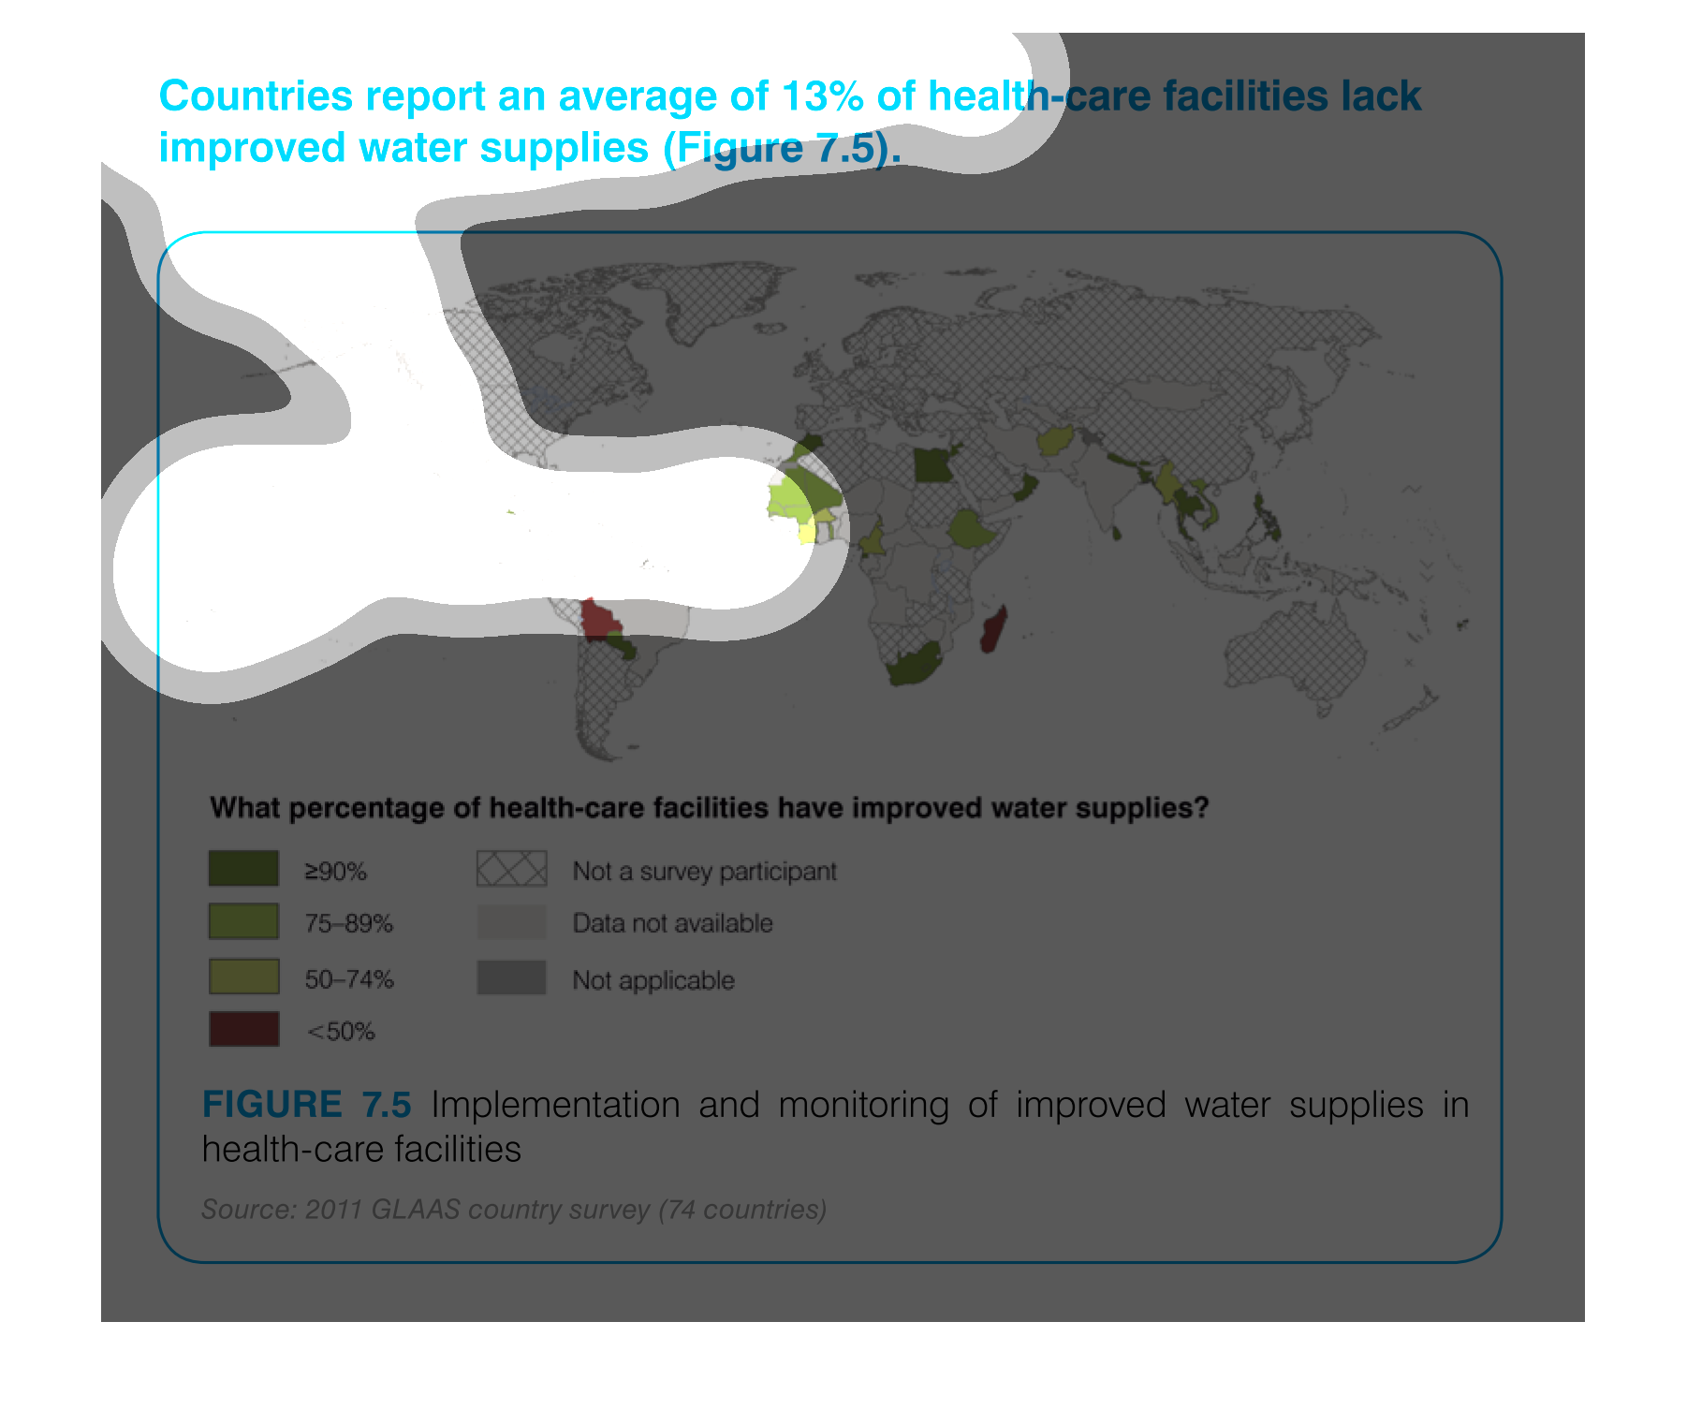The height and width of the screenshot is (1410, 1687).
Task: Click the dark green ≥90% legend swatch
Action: [x=243, y=868]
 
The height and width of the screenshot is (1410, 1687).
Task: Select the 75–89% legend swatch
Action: [x=243, y=920]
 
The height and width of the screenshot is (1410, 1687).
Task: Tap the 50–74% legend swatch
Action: [x=243, y=976]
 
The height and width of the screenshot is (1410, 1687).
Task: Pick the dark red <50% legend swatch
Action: [x=243, y=1028]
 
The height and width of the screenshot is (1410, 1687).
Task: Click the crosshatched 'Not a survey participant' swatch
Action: [x=511, y=868]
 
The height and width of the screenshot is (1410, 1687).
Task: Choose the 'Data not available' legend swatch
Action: [x=511, y=921]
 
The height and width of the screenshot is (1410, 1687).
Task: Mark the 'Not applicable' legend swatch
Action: [x=511, y=977]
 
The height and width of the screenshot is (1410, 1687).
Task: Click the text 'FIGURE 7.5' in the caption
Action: [x=307, y=1105]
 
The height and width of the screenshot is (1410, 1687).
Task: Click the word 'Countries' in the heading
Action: [x=257, y=95]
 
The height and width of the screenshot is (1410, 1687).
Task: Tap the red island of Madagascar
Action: [x=993, y=628]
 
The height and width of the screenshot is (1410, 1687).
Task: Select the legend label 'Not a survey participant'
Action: [x=704, y=872]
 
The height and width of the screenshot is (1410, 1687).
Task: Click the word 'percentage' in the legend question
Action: [x=366, y=808]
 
